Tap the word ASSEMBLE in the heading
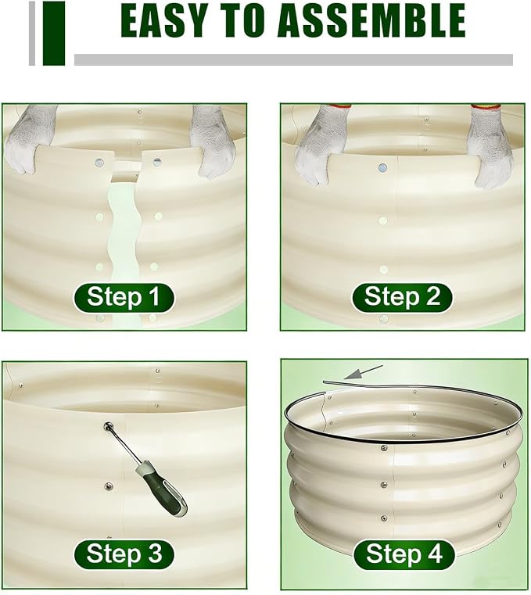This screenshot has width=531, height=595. (371, 20)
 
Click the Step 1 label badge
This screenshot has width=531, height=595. (124, 297)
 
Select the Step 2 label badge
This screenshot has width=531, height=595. (402, 297)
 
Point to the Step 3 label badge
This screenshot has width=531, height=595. (124, 554)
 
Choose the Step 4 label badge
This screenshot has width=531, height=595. (404, 554)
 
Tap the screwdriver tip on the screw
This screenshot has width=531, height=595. (108, 427)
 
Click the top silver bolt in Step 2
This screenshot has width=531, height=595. (382, 168)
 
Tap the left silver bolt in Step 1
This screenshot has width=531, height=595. (100, 163)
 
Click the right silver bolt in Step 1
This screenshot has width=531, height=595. (157, 163)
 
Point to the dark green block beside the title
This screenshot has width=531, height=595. (54, 34)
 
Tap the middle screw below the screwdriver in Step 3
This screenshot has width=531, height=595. (109, 486)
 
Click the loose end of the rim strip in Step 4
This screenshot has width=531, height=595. (324, 382)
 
